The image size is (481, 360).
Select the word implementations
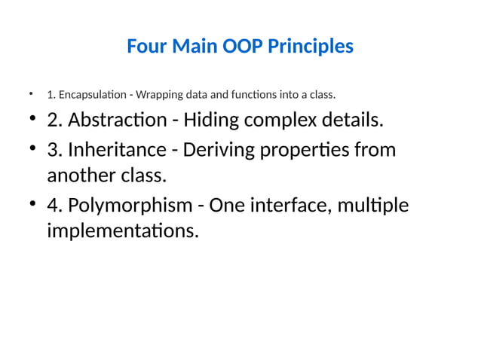tap(123, 230)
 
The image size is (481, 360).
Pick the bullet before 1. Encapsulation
tap(31, 95)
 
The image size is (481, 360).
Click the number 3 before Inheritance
tap(53, 150)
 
